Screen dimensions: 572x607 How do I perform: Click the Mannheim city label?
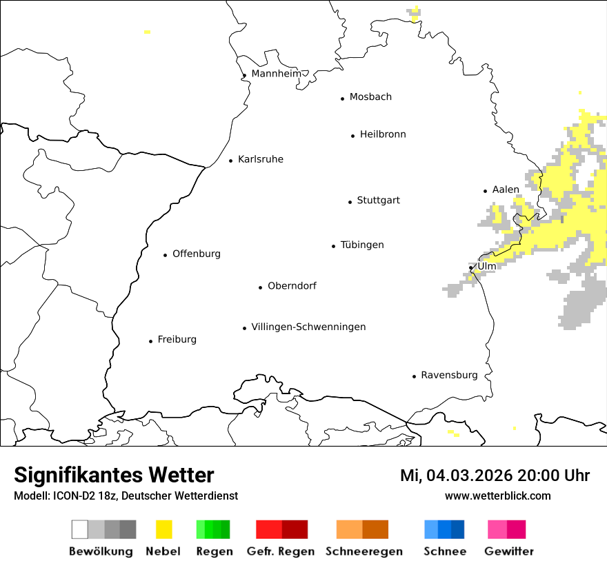(x=276, y=74)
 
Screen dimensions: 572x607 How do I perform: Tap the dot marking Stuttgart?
(x=350, y=202)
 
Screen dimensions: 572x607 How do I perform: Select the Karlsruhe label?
(x=260, y=159)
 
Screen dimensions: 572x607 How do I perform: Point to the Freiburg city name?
(x=177, y=339)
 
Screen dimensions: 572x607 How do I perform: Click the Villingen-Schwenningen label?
(x=308, y=327)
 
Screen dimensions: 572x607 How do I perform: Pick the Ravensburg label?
(x=449, y=375)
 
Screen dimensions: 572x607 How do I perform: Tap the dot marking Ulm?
(x=471, y=268)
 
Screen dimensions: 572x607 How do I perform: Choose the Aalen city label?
(x=506, y=190)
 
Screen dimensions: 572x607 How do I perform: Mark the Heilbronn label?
(x=383, y=134)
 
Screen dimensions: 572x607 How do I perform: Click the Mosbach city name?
(x=370, y=96)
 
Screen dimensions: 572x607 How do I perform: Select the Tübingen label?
(x=362, y=245)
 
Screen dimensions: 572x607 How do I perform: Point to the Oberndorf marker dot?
(x=261, y=287)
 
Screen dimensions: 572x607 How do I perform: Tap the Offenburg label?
(x=197, y=254)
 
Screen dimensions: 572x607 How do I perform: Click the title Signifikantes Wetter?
(x=114, y=475)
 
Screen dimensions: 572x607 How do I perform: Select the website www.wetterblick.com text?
(x=497, y=496)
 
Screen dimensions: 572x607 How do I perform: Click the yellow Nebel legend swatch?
(x=163, y=529)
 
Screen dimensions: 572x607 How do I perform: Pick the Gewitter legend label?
(x=509, y=551)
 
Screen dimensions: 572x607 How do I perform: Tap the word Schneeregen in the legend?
(x=364, y=551)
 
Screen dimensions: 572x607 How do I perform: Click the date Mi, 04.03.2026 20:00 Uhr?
(x=495, y=476)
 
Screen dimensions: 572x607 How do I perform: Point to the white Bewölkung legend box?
(x=80, y=529)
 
